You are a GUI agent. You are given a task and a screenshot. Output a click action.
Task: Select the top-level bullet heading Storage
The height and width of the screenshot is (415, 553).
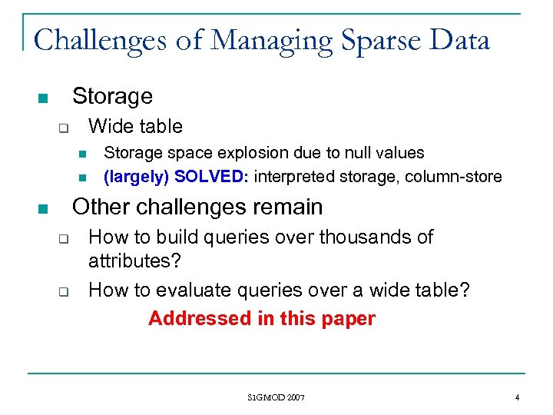coord(112,96)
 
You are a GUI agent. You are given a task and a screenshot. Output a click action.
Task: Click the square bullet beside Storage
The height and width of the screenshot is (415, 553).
coord(42,98)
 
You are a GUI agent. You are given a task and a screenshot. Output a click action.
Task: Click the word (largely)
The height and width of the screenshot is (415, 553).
coord(136,177)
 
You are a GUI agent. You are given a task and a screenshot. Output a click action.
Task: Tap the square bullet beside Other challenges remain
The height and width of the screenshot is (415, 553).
coord(42,209)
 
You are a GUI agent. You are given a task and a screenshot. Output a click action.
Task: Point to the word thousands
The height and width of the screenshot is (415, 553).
coord(361,237)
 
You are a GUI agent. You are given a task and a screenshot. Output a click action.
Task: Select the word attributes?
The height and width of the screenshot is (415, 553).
coord(134,261)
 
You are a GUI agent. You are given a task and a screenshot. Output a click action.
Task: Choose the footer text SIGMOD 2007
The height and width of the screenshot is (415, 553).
coord(276,397)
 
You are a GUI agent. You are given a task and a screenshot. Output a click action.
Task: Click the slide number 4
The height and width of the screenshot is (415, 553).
coord(518,397)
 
